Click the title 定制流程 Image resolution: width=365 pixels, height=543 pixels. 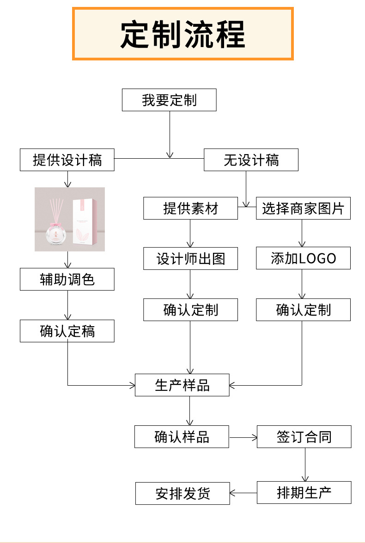tap(182, 34)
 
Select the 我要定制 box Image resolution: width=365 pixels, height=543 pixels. tap(169, 100)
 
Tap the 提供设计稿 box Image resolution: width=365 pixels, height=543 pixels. tap(67, 160)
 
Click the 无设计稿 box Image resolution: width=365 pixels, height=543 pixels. tap(251, 160)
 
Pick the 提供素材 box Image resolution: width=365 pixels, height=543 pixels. tap(190, 209)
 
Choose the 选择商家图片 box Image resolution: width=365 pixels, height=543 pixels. tap(303, 209)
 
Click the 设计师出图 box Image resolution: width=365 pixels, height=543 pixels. tap(190, 258)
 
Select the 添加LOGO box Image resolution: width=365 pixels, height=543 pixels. tap(303, 258)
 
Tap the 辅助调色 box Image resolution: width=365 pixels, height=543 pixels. tap(67, 280)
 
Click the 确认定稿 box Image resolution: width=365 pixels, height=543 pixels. tap(67, 331)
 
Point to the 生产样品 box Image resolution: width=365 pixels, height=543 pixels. tap(182, 385)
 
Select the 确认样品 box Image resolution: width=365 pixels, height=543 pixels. tap(182, 437)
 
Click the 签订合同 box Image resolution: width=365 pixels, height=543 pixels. tap(304, 437)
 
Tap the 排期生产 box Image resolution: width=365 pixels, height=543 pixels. tap(304, 493)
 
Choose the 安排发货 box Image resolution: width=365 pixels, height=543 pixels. tap(182, 494)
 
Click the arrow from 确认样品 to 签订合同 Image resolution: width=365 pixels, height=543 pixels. tap(243, 437)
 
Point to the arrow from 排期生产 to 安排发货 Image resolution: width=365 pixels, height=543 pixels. tap(243, 493)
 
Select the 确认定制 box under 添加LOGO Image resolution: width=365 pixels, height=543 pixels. tap(303, 310)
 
